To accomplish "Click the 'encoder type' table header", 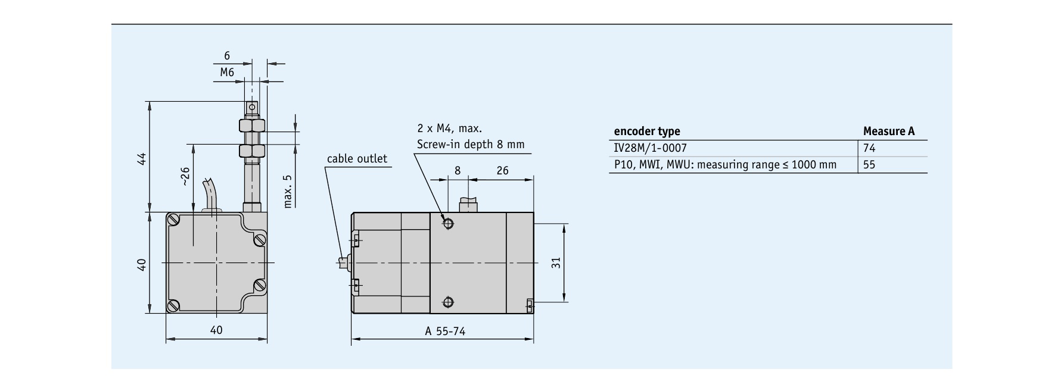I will [646, 132].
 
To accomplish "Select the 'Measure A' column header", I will [888, 132].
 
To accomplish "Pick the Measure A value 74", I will [869, 148].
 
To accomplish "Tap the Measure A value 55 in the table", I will [869, 165].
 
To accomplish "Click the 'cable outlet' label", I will [357, 159].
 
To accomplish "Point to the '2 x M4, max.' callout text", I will [450, 129].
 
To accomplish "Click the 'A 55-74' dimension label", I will [445, 331].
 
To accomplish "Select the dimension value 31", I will [556, 262].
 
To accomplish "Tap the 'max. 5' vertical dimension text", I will [288, 191].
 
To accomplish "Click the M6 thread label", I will [227, 73].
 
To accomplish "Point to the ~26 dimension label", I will [185, 176].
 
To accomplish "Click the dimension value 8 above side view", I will [458, 171].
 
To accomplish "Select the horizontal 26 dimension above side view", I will [502, 171].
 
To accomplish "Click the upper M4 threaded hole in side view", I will [448, 224].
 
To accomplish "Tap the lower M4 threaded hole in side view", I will [448, 301].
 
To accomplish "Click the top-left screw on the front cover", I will [174, 220].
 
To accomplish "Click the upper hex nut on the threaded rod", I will [251, 126].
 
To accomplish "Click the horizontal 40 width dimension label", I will [216, 330].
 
